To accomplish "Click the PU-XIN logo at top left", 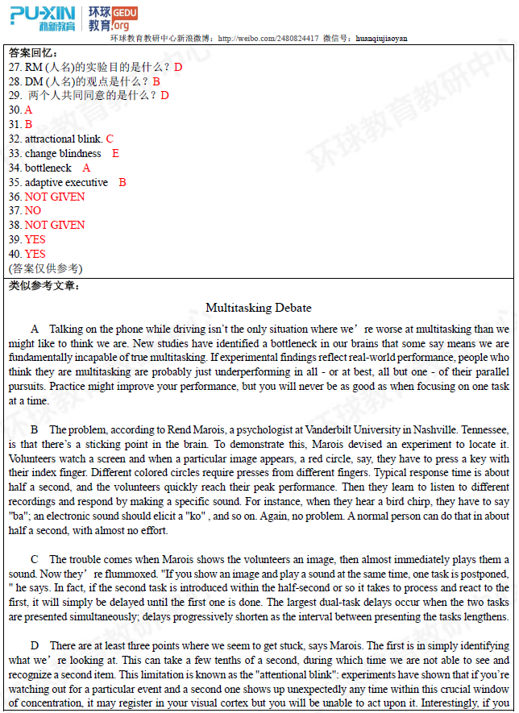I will point(42,18).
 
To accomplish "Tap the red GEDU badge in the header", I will point(125,13).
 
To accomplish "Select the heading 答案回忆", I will point(33,53).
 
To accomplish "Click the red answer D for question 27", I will point(178,67).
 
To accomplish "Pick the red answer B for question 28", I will point(156,81).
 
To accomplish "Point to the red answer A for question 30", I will point(28,110).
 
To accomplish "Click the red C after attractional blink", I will point(110,139).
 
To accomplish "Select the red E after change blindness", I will point(115,153).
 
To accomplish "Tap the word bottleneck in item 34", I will point(48,168).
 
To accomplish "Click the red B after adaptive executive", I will point(122,182).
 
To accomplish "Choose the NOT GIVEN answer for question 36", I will point(55,197).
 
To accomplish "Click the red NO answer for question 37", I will point(33,211).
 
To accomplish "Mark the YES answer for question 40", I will point(35,254).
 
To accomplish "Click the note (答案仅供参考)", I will point(45,268).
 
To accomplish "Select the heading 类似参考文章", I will point(44,285).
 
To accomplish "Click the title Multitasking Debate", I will point(259,308).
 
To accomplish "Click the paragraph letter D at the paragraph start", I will point(35,645).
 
